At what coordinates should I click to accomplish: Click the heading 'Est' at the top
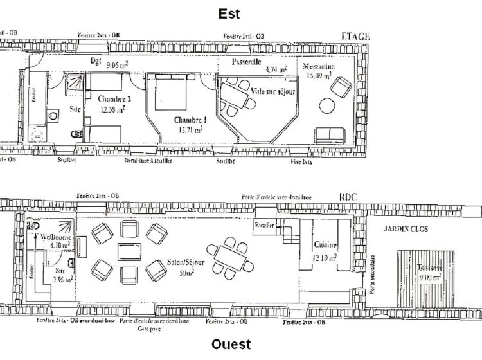pyautogui.click(x=229, y=14)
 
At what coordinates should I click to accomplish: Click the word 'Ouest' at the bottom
pyautogui.click(x=231, y=345)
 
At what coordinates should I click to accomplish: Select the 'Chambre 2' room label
pyautogui.click(x=115, y=99)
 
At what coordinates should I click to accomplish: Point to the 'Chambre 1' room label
pyautogui.click(x=190, y=120)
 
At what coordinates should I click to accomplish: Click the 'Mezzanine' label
pyautogui.click(x=319, y=66)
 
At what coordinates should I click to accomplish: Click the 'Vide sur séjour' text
pyautogui.click(x=273, y=92)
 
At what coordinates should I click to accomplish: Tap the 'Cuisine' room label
pyautogui.click(x=323, y=245)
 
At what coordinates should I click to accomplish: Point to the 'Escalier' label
pyautogui.click(x=265, y=225)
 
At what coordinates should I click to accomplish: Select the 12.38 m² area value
pyautogui.click(x=112, y=109)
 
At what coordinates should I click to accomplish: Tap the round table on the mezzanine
pyautogui.click(x=328, y=105)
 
